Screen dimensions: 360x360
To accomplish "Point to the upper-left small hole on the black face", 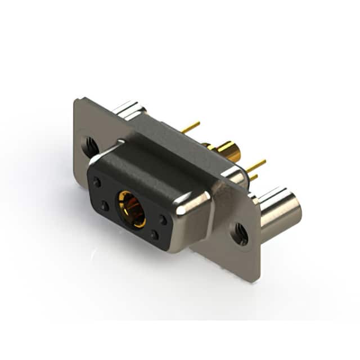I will coord(97,183).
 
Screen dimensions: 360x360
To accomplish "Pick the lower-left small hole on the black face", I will coord(105,206).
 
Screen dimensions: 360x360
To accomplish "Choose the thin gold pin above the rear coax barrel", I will coord(191,128).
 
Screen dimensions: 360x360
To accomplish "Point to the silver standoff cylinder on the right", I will coord(278,211).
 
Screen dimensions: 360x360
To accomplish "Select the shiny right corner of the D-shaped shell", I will coord(194,205).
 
